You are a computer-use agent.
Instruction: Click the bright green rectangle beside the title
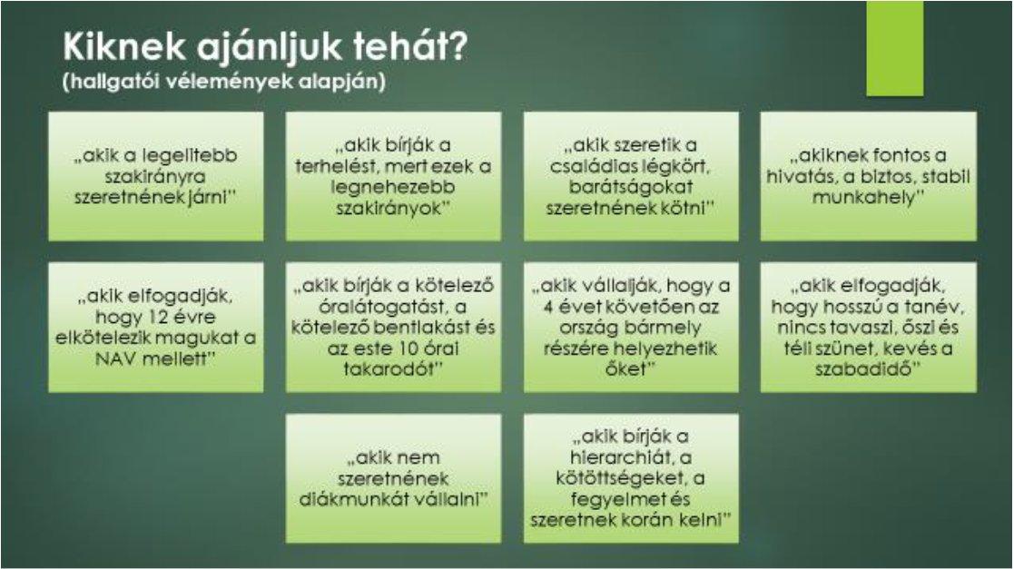pos(894,48)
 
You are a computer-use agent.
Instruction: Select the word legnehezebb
pos(393,187)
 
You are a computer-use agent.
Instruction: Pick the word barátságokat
pos(631,187)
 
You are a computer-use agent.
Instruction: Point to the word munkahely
pos(864,197)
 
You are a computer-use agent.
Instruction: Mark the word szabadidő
pos(867,368)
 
